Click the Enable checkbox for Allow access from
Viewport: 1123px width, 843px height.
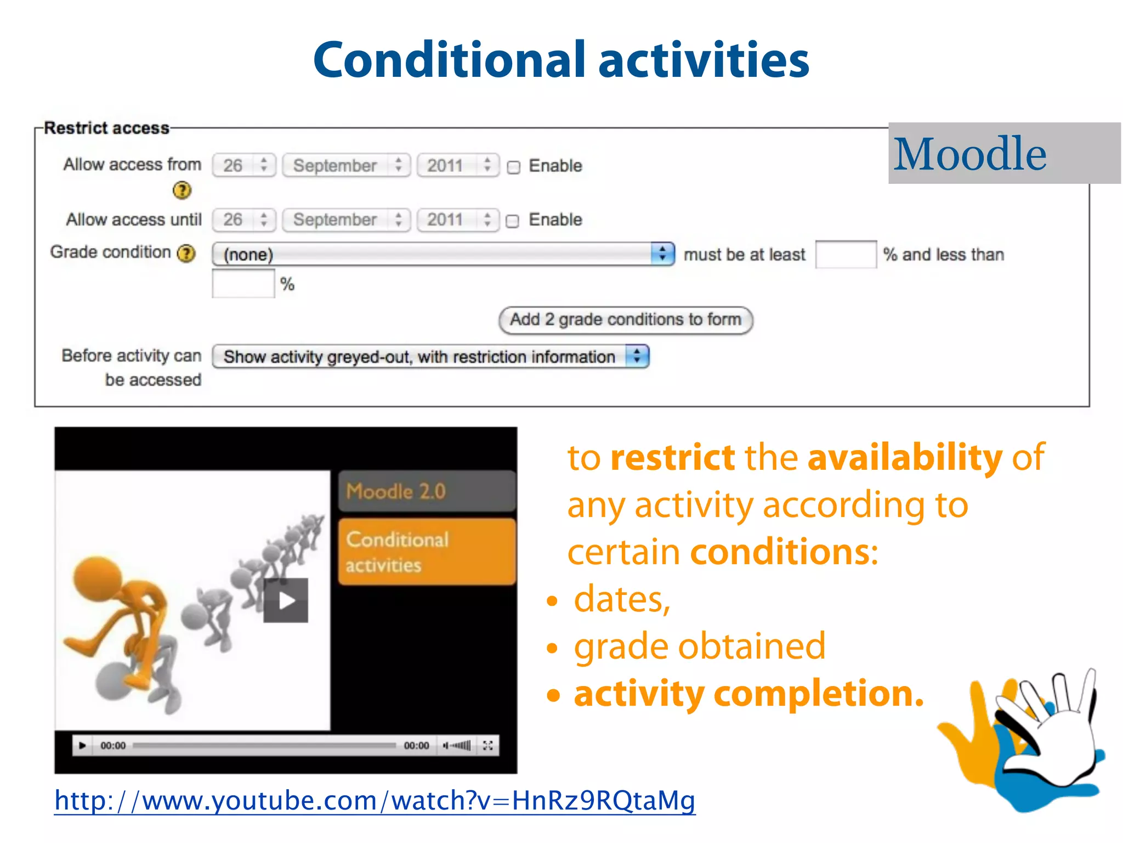(x=513, y=167)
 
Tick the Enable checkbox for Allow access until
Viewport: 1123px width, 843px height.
(x=512, y=221)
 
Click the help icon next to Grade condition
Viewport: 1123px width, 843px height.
(x=187, y=253)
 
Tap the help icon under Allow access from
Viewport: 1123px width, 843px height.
(x=182, y=190)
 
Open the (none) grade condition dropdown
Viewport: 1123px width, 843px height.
(x=443, y=254)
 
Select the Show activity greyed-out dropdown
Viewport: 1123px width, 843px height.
(x=430, y=357)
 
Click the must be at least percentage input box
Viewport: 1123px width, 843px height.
(x=845, y=255)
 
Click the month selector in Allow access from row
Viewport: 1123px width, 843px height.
(x=346, y=166)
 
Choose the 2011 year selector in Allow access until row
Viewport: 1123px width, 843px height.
(x=457, y=220)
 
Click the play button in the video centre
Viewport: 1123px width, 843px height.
(x=286, y=600)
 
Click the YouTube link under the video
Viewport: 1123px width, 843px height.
(x=375, y=801)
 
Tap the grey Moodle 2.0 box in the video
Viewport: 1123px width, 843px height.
(x=427, y=491)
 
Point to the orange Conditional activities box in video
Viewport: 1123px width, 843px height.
(x=427, y=552)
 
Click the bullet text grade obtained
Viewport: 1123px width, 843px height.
(x=699, y=646)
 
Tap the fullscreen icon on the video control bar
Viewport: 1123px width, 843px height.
(x=488, y=745)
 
